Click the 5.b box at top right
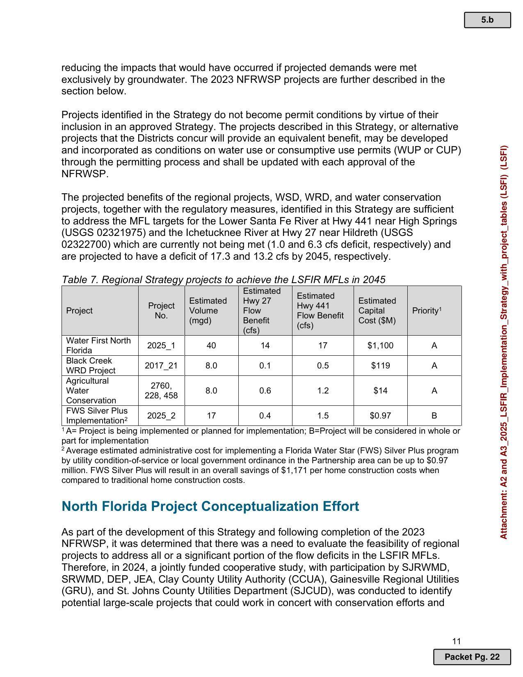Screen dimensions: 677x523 coord(487,20)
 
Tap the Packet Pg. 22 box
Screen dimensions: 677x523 coord(472,657)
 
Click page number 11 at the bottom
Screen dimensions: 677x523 coord(457,641)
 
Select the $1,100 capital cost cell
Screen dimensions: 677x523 coord(380,345)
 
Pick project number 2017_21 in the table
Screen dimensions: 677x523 coord(161,366)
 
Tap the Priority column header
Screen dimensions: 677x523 coord(427,311)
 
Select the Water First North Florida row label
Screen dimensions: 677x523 coord(98,345)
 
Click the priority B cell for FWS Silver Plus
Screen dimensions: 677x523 coord(434,416)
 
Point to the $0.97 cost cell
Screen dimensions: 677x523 coord(380,416)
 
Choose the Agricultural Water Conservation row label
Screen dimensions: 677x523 coord(91,391)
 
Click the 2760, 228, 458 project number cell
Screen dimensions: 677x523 coord(161,391)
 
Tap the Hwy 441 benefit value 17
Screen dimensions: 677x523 coord(323,345)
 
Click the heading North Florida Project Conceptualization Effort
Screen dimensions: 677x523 coord(210,506)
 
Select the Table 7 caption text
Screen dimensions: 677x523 coord(223,280)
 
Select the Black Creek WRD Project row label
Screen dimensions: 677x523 coord(91,366)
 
